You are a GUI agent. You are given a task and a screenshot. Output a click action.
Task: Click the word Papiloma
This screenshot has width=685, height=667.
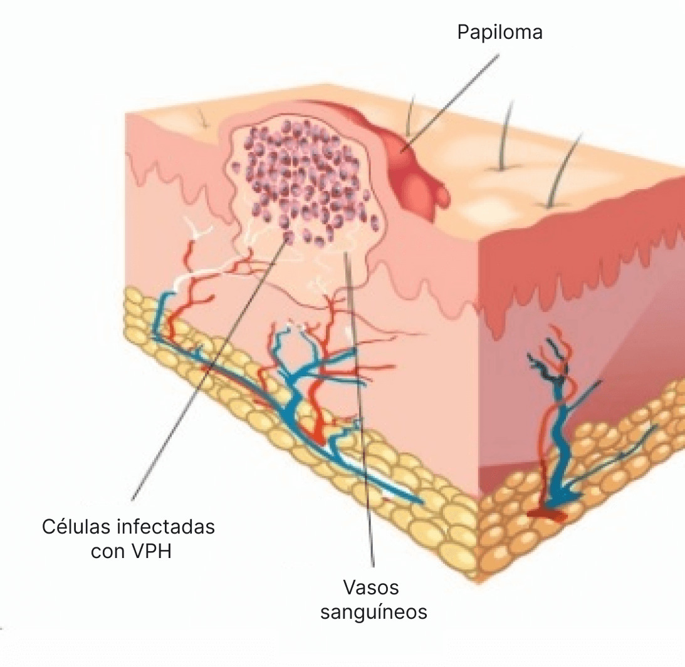tap(499, 32)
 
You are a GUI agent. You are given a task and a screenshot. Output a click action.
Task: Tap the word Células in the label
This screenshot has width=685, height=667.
tap(76, 527)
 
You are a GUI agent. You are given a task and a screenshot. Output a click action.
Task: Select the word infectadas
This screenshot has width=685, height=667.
tap(166, 527)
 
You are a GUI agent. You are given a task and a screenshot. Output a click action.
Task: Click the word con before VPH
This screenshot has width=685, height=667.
tap(107, 552)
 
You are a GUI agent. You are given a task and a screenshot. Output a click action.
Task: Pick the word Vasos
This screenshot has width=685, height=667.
tap(371, 587)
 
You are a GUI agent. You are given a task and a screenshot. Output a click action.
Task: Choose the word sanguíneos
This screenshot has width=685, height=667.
tap(374, 611)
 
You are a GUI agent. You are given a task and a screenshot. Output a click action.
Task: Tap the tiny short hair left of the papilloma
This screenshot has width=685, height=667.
tap(202, 118)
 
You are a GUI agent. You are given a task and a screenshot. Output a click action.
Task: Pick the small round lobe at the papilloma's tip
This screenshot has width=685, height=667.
tap(442, 194)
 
